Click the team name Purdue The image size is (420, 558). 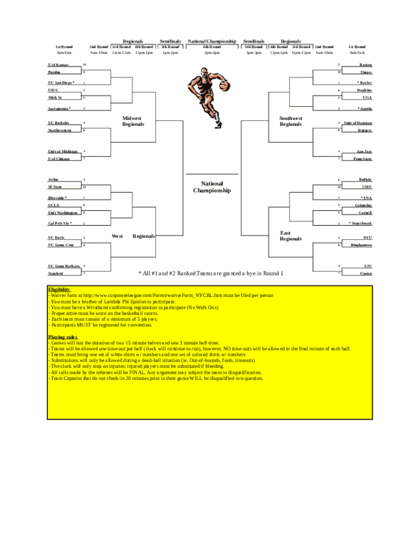tap(54, 72)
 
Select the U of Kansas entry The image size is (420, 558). tap(58, 65)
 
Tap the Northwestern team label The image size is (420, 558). tap(59, 130)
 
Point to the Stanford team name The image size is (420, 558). tap(55, 273)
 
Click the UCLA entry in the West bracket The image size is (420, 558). tap(53, 205)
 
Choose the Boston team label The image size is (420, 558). tap(365, 65)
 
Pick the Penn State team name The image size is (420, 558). tap(362, 159)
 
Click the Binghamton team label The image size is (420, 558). tap(361, 245)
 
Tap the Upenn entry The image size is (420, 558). tap(365, 273)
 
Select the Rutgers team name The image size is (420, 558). tap(364, 130)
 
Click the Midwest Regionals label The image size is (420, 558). tap(133, 121)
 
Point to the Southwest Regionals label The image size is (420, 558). tap(291, 121)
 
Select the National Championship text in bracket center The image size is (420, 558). tap(212, 187)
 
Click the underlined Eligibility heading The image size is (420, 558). tap(59, 289)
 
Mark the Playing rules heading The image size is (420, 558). tap(63, 337)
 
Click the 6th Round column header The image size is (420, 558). tap(212, 47)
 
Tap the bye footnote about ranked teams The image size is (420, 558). tap(210, 273)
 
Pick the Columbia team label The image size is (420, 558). tap(363, 205)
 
